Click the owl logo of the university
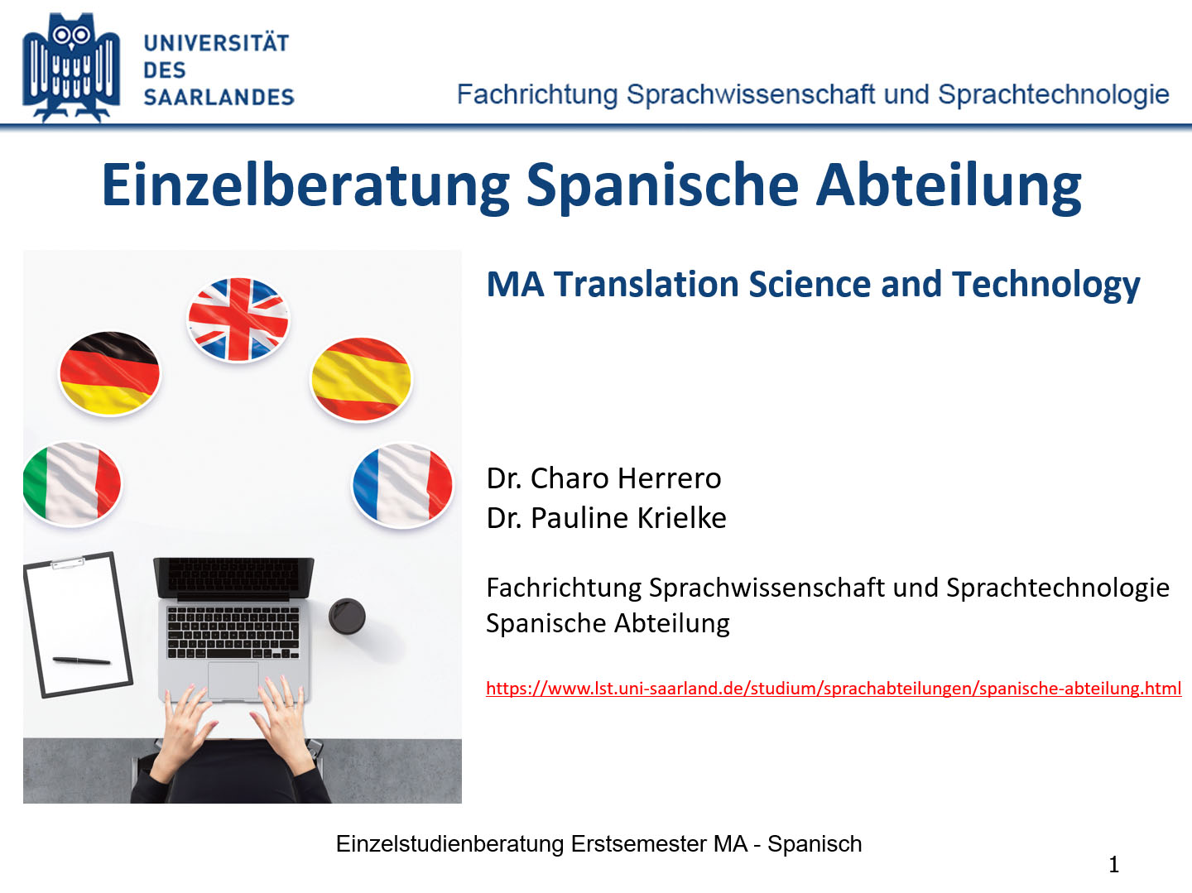coord(71,67)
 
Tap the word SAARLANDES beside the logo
coord(219,97)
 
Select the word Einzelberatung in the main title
coord(305,186)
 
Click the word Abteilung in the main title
coord(949,185)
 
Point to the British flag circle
coord(238,319)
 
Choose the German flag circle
coord(110,373)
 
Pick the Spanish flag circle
coord(361,379)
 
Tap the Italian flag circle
coord(72,484)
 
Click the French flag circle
coord(402,486)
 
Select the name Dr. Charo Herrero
coord(604,478)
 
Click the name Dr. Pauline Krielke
coord(607,517)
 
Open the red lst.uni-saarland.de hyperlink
coord(834,689)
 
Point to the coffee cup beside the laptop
coord(347,616)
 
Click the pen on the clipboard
coord(81,660)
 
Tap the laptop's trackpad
coord(233,679)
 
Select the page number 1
coord(1114,865)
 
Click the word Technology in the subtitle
coord(1046,285)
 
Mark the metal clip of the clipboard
coord(68,563)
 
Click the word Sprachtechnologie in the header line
coord(1054,94)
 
